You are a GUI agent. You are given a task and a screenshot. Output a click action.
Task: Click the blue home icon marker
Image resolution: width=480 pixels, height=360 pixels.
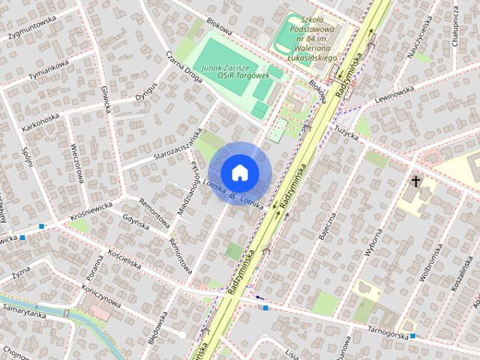[x=239, y=172]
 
